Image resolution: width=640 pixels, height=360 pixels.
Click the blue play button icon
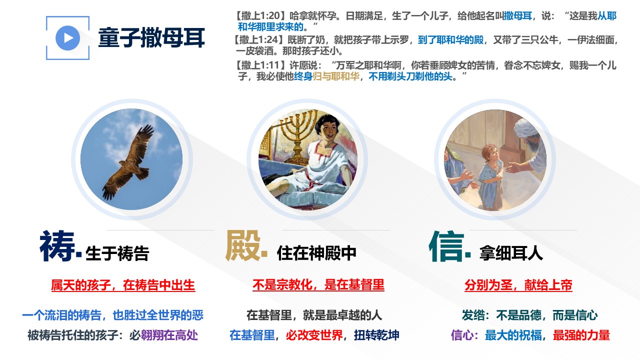67,38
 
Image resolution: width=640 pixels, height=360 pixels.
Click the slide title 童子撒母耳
151,37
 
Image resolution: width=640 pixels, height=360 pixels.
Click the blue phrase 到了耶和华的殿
450,39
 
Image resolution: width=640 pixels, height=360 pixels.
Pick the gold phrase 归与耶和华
336,76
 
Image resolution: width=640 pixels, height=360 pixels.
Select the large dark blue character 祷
57,246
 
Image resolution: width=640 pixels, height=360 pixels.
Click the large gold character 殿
243,245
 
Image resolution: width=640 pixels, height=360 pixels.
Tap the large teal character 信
446,246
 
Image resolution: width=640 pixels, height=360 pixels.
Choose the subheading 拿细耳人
511,253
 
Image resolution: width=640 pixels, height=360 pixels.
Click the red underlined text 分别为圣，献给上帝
518,285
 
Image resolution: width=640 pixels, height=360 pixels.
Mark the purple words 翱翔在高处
169,335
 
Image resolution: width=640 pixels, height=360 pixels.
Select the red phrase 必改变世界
314,335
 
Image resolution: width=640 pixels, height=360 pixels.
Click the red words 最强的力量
581,335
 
